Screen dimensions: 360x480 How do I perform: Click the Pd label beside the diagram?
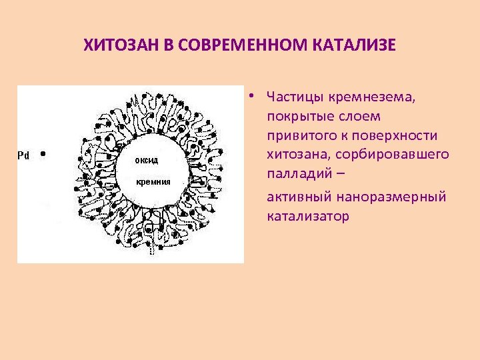(23, 155)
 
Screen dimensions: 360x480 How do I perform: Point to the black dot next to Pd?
(43, 153)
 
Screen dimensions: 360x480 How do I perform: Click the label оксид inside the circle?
(147, 161)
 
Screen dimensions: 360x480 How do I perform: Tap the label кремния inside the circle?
(153, 181)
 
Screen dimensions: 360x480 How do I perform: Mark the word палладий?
(297, 175)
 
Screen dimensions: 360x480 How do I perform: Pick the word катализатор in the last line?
(307, 217)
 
